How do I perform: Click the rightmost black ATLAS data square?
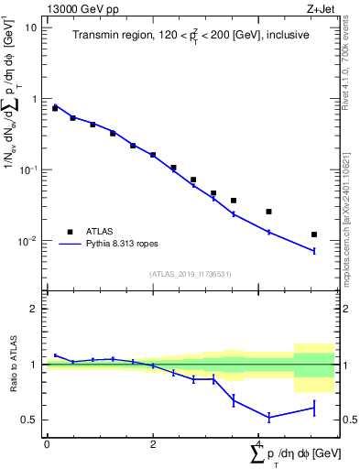point(314,234)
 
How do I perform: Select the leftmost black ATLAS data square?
point(55,108)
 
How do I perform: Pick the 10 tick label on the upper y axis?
point(31,27)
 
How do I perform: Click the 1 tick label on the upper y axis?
point(34,99)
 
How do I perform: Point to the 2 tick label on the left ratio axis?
point(34,309)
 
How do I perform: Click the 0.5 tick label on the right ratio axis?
point(348,420)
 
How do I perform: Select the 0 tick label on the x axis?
point(47,443)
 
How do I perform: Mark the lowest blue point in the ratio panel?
point(268,417)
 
